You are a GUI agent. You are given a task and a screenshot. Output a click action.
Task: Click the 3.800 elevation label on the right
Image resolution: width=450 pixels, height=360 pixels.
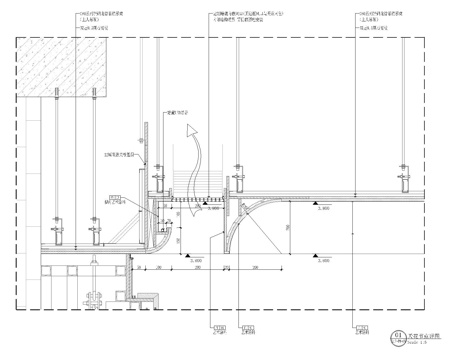pyautogui.click(x=324, y=208)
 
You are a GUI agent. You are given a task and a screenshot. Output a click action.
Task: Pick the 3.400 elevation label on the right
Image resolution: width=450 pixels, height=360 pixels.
pyautogui.click(x=324, y=259)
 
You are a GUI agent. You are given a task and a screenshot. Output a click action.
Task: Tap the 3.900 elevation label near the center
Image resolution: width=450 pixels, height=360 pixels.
pyautogui.click(x=213, y=209)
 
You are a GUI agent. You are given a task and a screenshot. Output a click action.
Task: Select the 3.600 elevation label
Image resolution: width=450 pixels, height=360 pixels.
pyautogui.click(x=196, y=259)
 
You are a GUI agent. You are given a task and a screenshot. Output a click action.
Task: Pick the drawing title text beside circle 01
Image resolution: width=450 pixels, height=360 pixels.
pyautogui.click(x=420, y=336)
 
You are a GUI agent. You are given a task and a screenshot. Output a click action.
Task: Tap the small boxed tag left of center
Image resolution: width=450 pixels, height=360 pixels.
pyautogui.click(x=113, y=196)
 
